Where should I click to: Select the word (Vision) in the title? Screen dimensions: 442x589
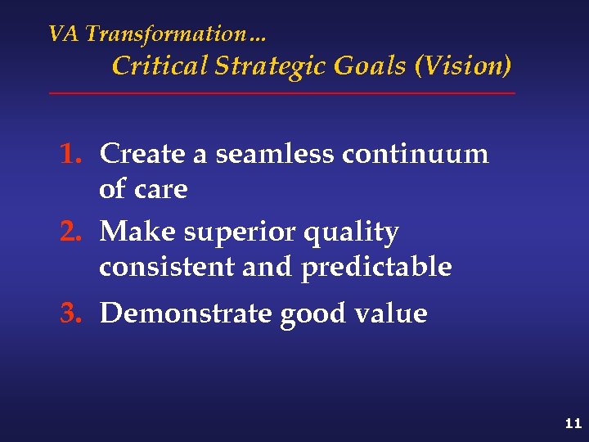tap(464, 65)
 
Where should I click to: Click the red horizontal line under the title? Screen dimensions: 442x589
tap(282, 93)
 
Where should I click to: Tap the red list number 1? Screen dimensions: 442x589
tap(72, 154)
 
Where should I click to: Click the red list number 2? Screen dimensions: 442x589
tap(72, 232)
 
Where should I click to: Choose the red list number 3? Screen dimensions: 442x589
tap(72, 313)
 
